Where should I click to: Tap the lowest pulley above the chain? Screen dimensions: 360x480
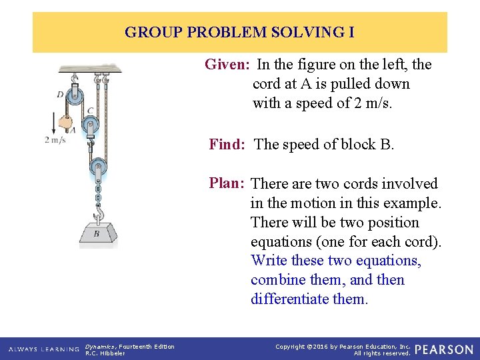[98, 165]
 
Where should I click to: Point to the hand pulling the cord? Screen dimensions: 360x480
[65, 123]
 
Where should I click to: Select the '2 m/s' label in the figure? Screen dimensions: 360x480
[55, 139]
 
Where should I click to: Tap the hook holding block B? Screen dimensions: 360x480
[99, 212]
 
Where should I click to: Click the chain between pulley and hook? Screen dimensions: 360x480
[99, 195]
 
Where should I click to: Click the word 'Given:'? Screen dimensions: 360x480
[227, 65]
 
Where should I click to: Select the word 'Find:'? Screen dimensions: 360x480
[229, 144]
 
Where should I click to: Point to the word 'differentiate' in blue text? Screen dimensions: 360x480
[291, 299]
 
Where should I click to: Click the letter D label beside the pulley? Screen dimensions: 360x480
[61, 95]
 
